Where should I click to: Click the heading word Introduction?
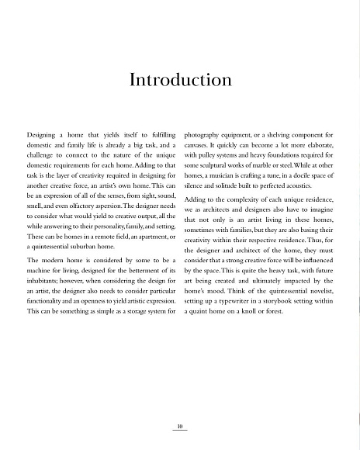pos(180,80)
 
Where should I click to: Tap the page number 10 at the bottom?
pos(179,426)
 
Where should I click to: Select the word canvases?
pos(202,134)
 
